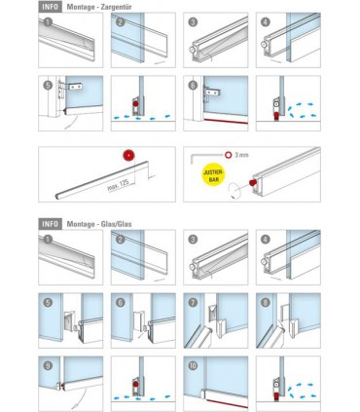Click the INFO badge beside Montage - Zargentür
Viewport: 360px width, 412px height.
coord(52,6)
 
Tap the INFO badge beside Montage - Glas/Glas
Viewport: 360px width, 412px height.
coord(52,223)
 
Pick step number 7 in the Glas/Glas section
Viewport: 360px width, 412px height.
coord(192,302)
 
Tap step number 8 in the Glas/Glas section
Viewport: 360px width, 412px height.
coord(265,302)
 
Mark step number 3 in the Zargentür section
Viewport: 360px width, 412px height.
coord(192,21)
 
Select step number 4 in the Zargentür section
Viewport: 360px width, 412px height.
coord(265,21)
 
